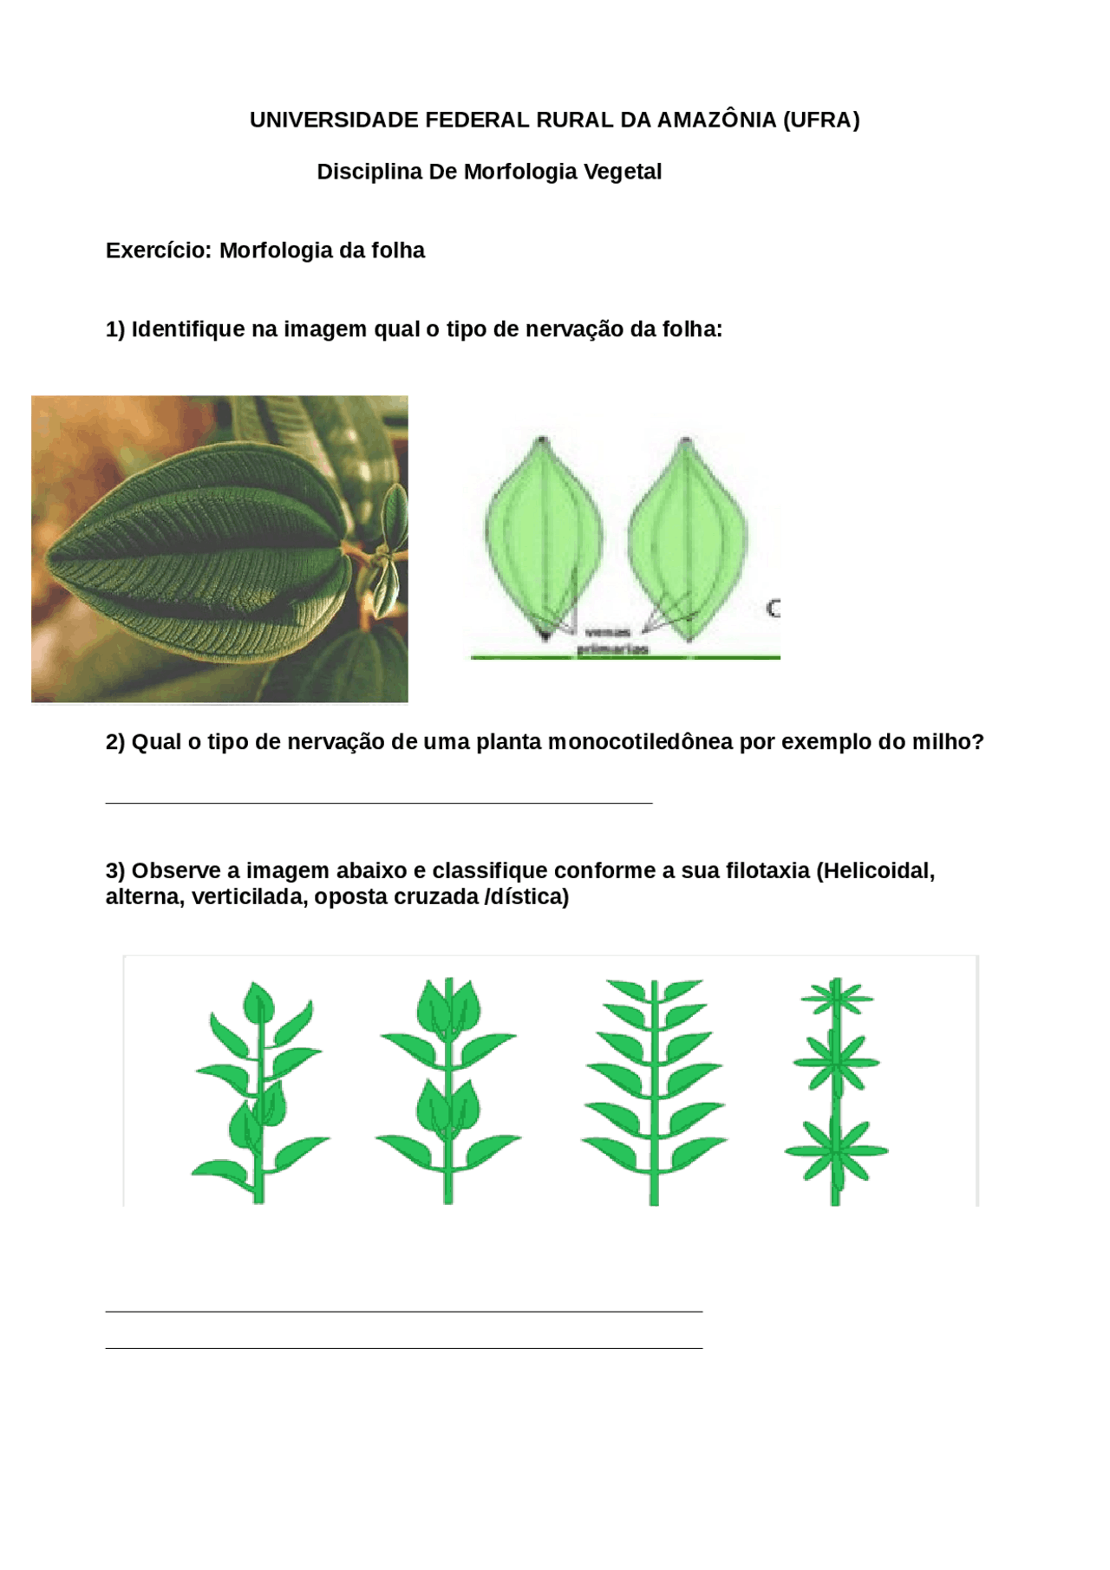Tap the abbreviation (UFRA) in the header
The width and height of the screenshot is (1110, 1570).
tap(820, 121)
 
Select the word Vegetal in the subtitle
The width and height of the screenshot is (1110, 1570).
tap(623, 172)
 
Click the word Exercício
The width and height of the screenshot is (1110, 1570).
tap(159, 251)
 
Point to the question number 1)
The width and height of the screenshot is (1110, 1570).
tap(115, 329)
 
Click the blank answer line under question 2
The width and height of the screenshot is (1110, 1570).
tap(378, 803)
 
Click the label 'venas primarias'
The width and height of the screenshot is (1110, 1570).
tap(612, 641)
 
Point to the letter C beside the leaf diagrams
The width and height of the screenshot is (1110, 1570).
tap(773, 609)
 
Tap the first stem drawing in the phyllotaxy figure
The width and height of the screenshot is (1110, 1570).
tap(258, 1092)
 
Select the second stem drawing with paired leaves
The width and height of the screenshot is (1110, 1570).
tap(448, 1092)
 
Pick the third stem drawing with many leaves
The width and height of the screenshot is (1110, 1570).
tap(654, 1092)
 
